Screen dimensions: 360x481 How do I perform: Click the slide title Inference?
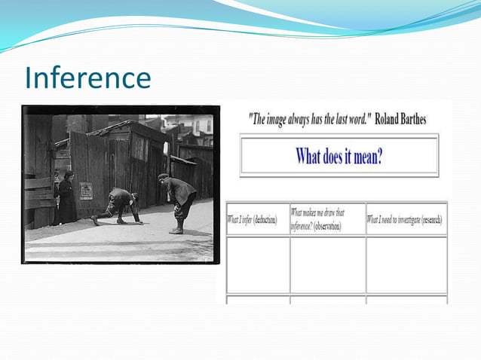[87, 77]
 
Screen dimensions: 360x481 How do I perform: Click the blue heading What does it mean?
[339, 157]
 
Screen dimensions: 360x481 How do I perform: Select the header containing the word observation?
[326, 220]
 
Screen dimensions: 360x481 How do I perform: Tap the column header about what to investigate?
[405, 220]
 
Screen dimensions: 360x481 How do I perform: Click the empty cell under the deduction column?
[257, 264]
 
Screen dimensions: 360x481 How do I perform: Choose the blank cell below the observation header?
[327, 264]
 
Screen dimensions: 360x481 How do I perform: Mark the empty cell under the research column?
[406, 264]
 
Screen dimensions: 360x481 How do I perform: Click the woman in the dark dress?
[67, 200]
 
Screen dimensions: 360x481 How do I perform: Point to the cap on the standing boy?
[163, 176]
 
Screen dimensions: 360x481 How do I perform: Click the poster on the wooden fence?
[87, 191]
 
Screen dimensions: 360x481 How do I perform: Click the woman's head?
[69, 176]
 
